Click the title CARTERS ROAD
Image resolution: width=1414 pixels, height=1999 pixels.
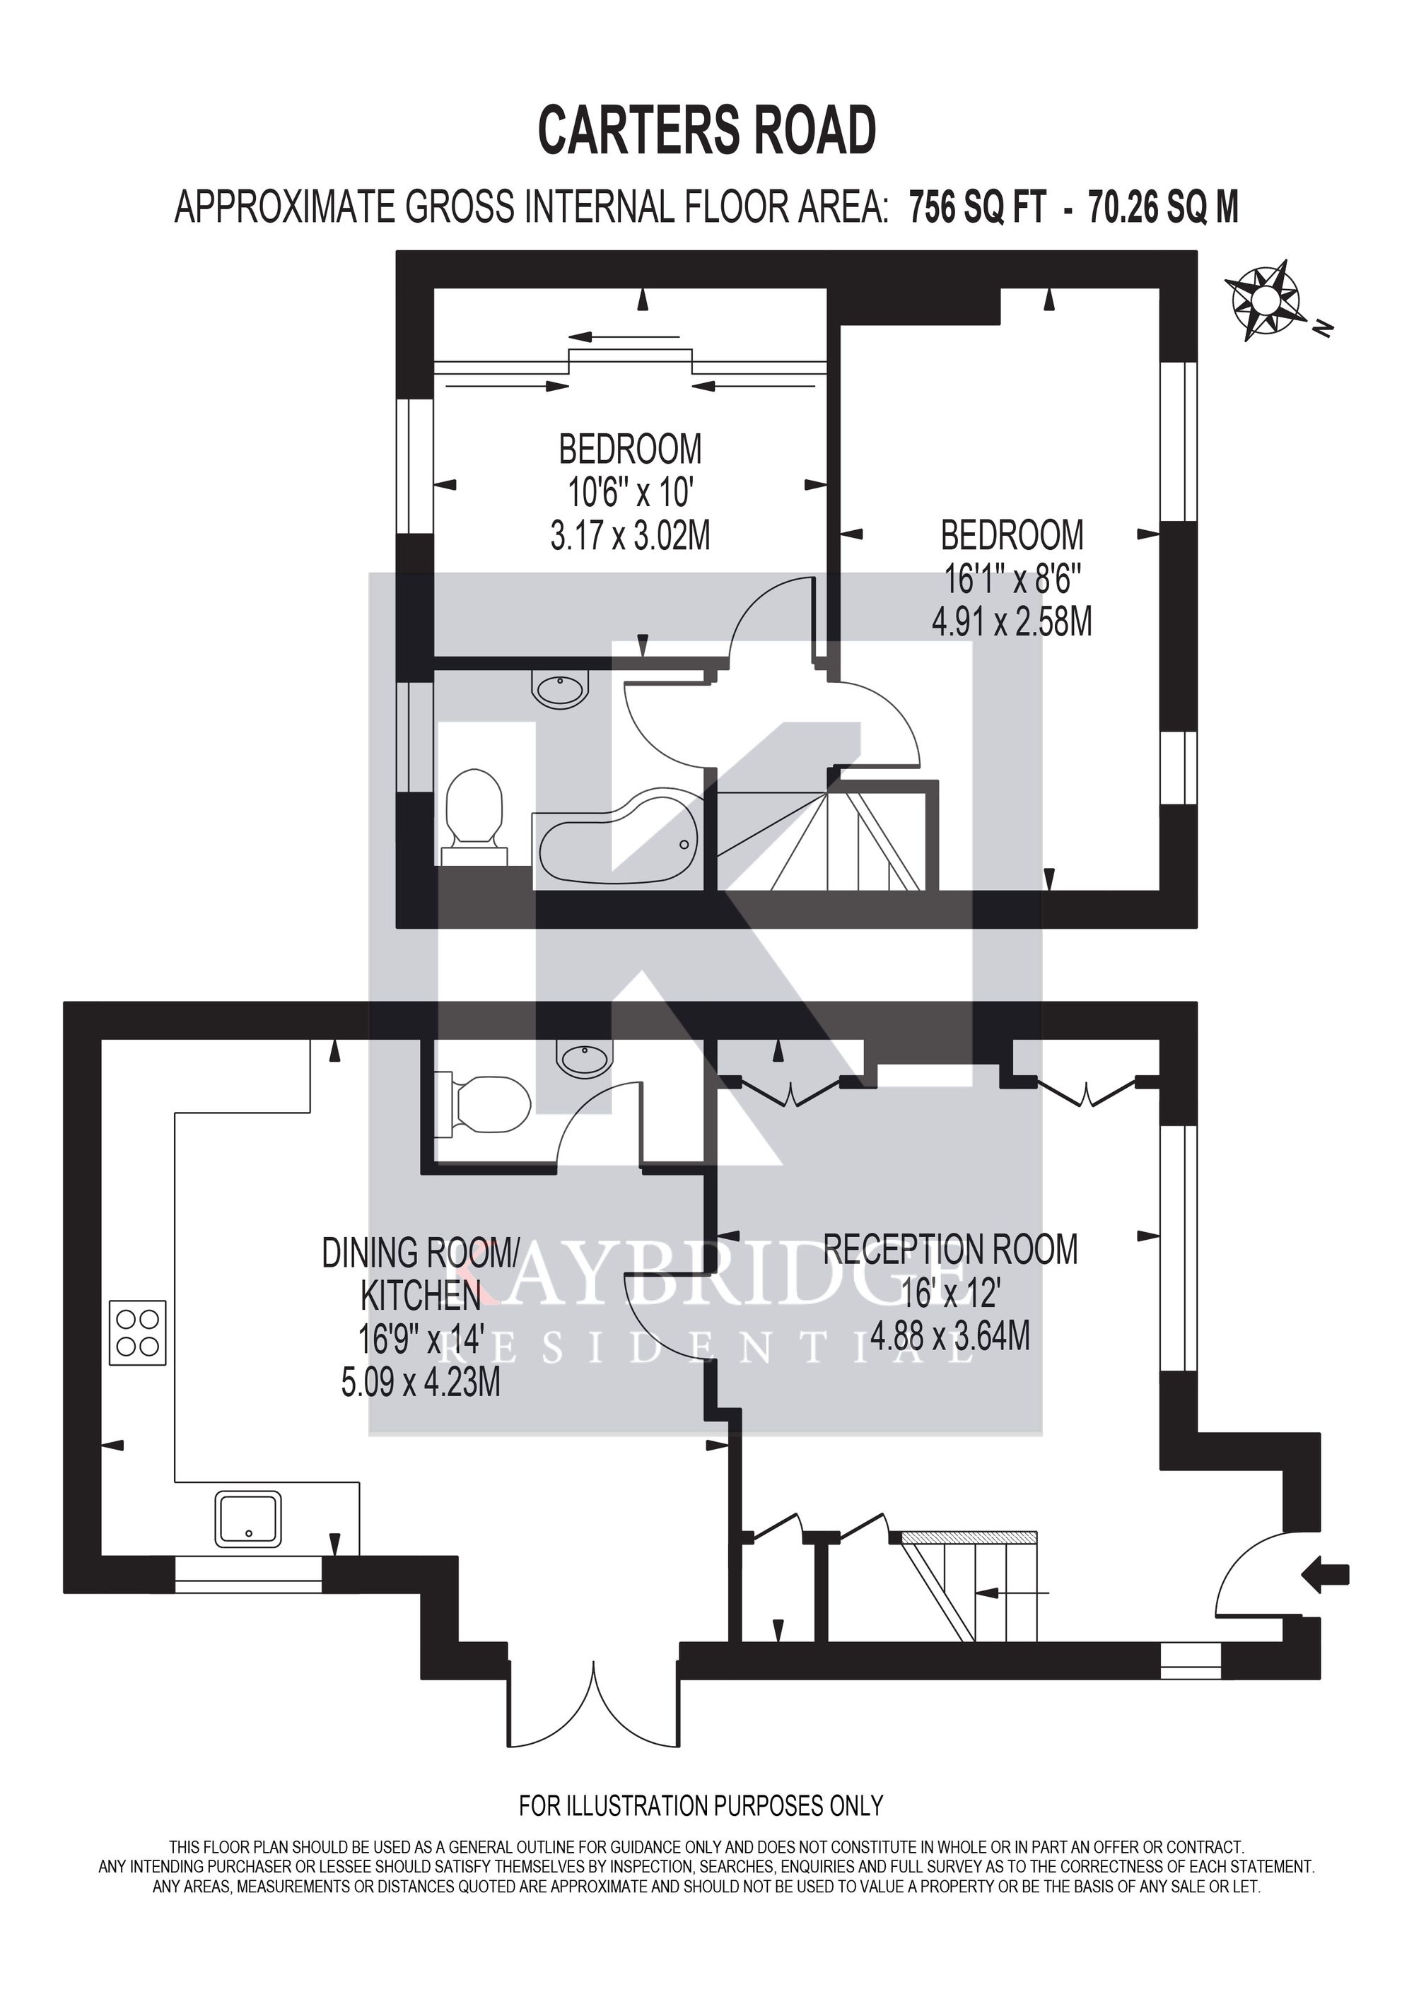click(707, 131)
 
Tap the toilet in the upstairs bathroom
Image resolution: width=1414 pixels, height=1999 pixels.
click(474, 814)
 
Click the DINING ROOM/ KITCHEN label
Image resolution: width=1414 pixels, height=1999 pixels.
click(421, 1274)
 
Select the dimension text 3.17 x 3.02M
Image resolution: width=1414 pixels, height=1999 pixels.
click(631, 536)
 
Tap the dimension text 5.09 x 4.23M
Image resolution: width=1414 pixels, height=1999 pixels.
click(421, 1383)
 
